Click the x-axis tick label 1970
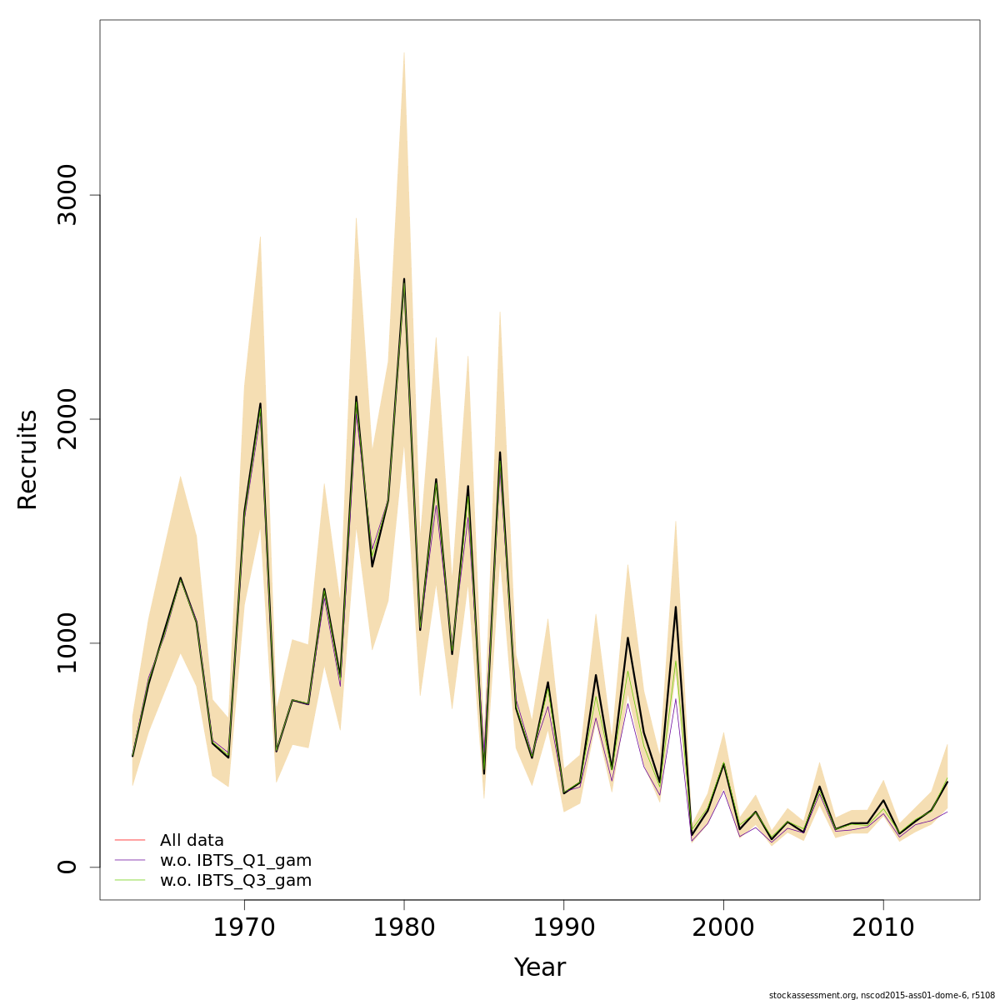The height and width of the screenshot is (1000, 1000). [244, 927]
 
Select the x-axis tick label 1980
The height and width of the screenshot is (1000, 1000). [404, 927]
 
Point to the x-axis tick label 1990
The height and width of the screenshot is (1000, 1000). [563, 927]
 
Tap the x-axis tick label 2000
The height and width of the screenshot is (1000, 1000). [723, 927]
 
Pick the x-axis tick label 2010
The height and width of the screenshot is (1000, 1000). [883, 927]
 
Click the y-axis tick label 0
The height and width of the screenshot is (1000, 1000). [67, 867]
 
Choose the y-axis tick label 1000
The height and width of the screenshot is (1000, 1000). [67, 642]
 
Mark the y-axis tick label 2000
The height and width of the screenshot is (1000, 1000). [67, 419]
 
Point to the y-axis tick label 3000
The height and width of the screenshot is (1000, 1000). [67, 195]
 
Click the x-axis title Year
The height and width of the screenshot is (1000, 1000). [540, 967]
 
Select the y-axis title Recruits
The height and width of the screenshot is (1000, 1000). [27, 459]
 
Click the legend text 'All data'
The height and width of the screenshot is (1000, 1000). [192, 840]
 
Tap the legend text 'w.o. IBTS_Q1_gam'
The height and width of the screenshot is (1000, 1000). [236, 860]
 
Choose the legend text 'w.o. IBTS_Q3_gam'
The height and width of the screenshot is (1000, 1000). [236, 880]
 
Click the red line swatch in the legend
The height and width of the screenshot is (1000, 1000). [130, 840]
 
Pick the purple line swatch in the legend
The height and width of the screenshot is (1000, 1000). [130, 860]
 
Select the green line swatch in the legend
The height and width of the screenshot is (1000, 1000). [130, 880]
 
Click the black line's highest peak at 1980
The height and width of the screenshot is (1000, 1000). [404, 279]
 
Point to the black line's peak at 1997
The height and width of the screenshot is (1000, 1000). [675, 607]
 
